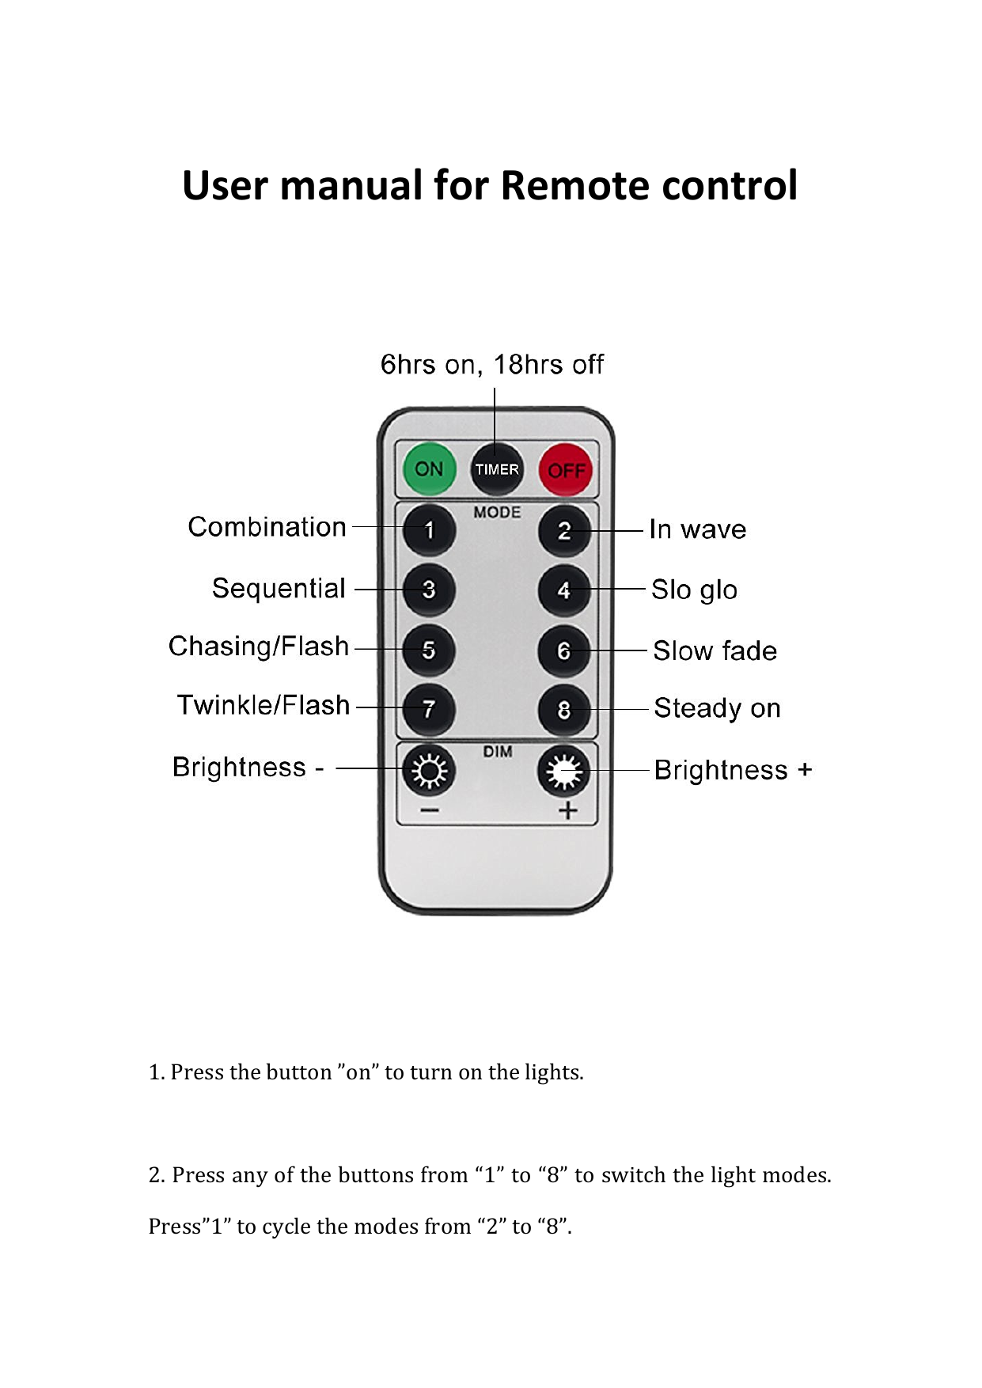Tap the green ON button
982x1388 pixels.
[429, 468]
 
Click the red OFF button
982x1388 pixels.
[566, 470]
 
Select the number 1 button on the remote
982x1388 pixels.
[429, 529]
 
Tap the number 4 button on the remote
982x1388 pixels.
[564, 590]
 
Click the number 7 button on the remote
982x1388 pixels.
[429, 709]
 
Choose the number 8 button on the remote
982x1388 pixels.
[564, 710]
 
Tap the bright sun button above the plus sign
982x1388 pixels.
[564, 771]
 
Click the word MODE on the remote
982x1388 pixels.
[497, 512]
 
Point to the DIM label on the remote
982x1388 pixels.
[498, 751]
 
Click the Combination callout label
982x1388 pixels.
[267, 527]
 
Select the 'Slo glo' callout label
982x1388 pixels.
[695, 590]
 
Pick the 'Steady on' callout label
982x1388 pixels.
[718, 708]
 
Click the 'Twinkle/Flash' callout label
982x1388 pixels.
[264, 704]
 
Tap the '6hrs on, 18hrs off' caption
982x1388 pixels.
[492, 365]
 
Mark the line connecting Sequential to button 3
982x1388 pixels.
[391, 590]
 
